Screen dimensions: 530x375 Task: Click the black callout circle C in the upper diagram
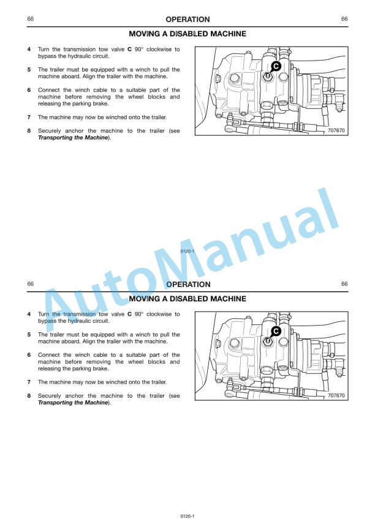(x=276, y=65)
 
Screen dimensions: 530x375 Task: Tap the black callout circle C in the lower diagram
(x=276, y=330)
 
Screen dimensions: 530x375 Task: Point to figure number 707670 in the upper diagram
(x=336, y=130)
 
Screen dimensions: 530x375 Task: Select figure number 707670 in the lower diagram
(x=336, y=395)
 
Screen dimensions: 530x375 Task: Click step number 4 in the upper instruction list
(x=29, y=49)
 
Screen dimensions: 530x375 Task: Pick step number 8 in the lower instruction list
(x=29, y=395)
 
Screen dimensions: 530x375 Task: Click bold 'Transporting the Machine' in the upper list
(x=73, y=138)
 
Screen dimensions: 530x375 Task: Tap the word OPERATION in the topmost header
(x=187, y=20)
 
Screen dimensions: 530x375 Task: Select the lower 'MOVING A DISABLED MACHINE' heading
(x=187, y=299)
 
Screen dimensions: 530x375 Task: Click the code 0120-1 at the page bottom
(x=187, y=517)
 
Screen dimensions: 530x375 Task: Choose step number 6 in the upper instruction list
(x=29, y=90)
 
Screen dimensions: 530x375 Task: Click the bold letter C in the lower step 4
(x=129, y=314)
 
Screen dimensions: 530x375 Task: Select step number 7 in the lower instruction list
(x=29, y=382)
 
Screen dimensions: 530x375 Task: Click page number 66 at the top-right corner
(x=344, y=20)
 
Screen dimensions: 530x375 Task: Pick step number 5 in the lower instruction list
(x=29, y=335)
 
